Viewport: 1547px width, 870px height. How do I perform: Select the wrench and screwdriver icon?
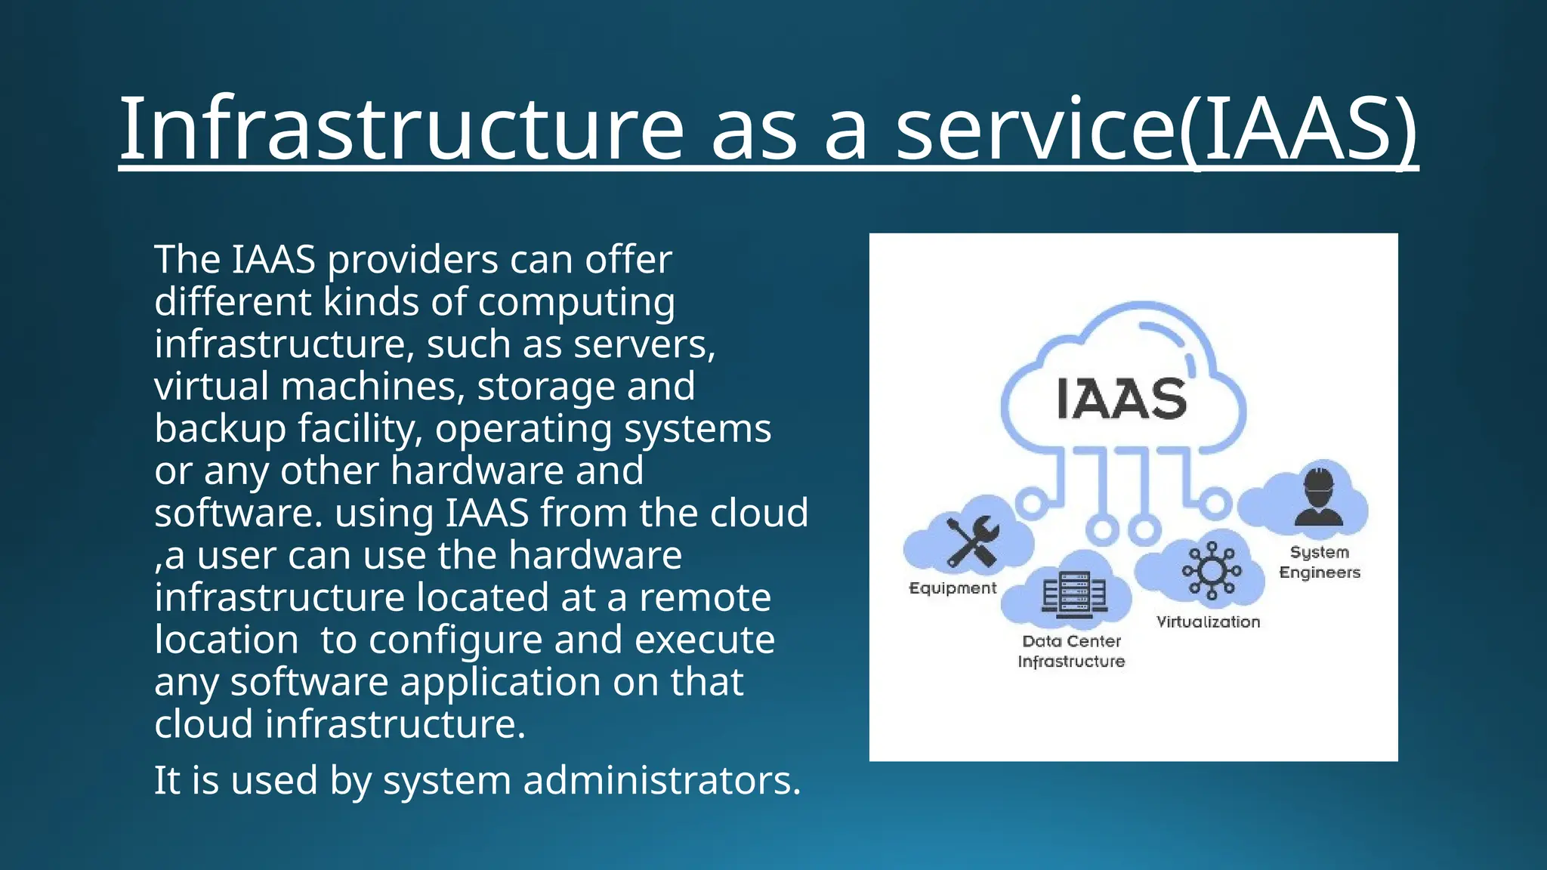[x=973, y=541]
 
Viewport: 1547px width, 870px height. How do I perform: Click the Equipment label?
[x=953, y=588]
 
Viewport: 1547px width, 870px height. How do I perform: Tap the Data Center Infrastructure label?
[x=1071, y=651]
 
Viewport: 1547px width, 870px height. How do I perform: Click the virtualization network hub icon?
[x=1212, y=570]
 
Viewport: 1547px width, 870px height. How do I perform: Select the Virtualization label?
[x=1208, y=622]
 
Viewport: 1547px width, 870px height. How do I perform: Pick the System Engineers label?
[x=1319, y=562]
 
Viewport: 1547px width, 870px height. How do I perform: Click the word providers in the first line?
[x=412, y=260]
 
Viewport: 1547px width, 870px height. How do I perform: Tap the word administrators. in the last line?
[x=662, y=780]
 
